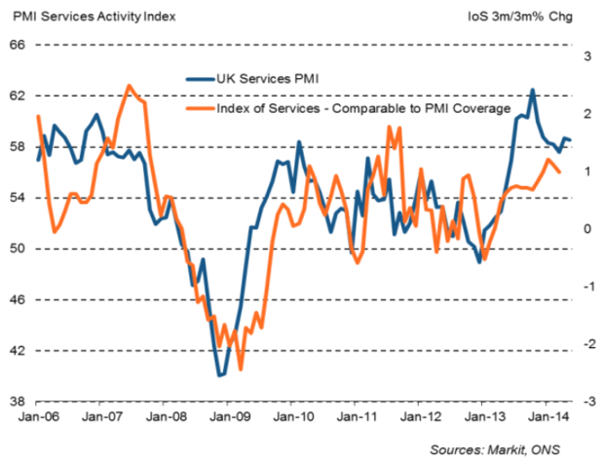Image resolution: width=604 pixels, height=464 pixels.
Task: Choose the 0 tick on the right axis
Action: (x=588, y=229)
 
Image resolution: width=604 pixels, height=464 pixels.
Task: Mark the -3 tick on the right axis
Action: (x=586, y=401)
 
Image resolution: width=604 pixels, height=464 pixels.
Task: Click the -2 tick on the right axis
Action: (x=586, y=344)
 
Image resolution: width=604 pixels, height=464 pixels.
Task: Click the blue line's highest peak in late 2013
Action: (x=532, y=90)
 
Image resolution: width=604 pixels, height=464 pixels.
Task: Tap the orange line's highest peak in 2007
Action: (x=129, y=86)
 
